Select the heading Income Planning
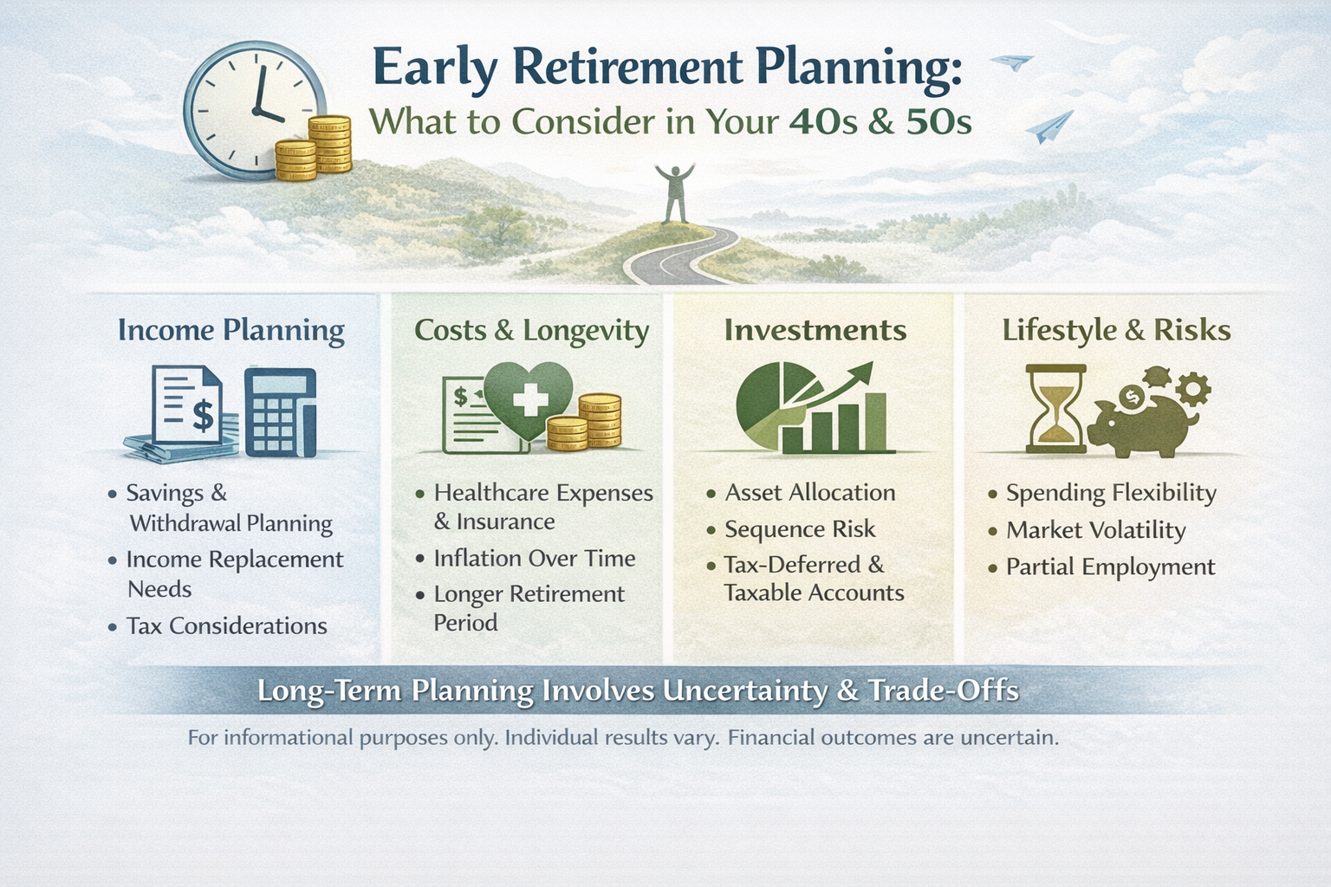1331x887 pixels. (x=231, y=331)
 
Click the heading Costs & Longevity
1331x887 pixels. (x=531, y=331)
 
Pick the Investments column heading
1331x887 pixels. (x=815, y=331)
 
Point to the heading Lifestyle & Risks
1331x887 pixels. (x=1116, y=331)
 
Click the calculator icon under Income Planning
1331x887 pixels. (x=280, y=411)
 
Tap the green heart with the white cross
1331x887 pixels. (x=529, y=400)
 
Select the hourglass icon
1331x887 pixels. (x=1054, y=408)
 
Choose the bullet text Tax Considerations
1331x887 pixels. (x=227, y=626)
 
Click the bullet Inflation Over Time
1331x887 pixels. (x=535, y=559)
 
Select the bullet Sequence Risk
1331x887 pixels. (x=800, y=529)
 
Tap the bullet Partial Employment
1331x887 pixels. (x=1110, y=567)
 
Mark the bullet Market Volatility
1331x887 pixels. (x=1095, y=530)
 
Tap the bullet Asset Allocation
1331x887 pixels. (x=810, y=493)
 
